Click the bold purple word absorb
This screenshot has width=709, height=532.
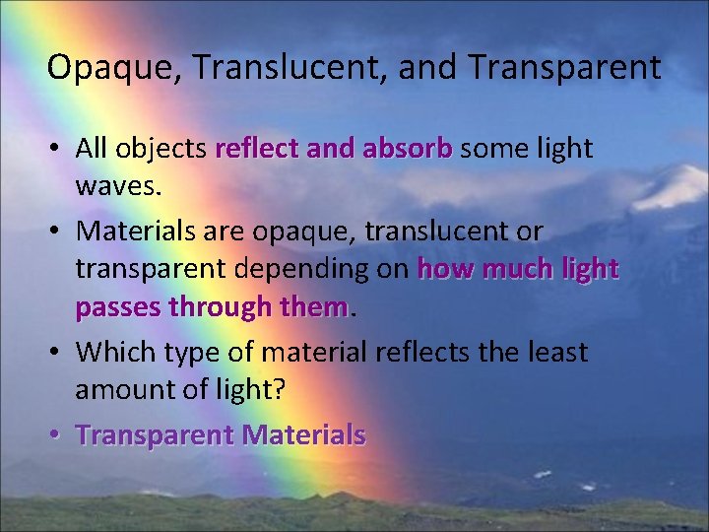tap(407, 149)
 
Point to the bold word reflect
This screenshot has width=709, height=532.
tap(258, 149)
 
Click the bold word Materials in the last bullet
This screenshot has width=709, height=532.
tap(303, 434)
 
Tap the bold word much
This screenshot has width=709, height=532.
tap(526, 269)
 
